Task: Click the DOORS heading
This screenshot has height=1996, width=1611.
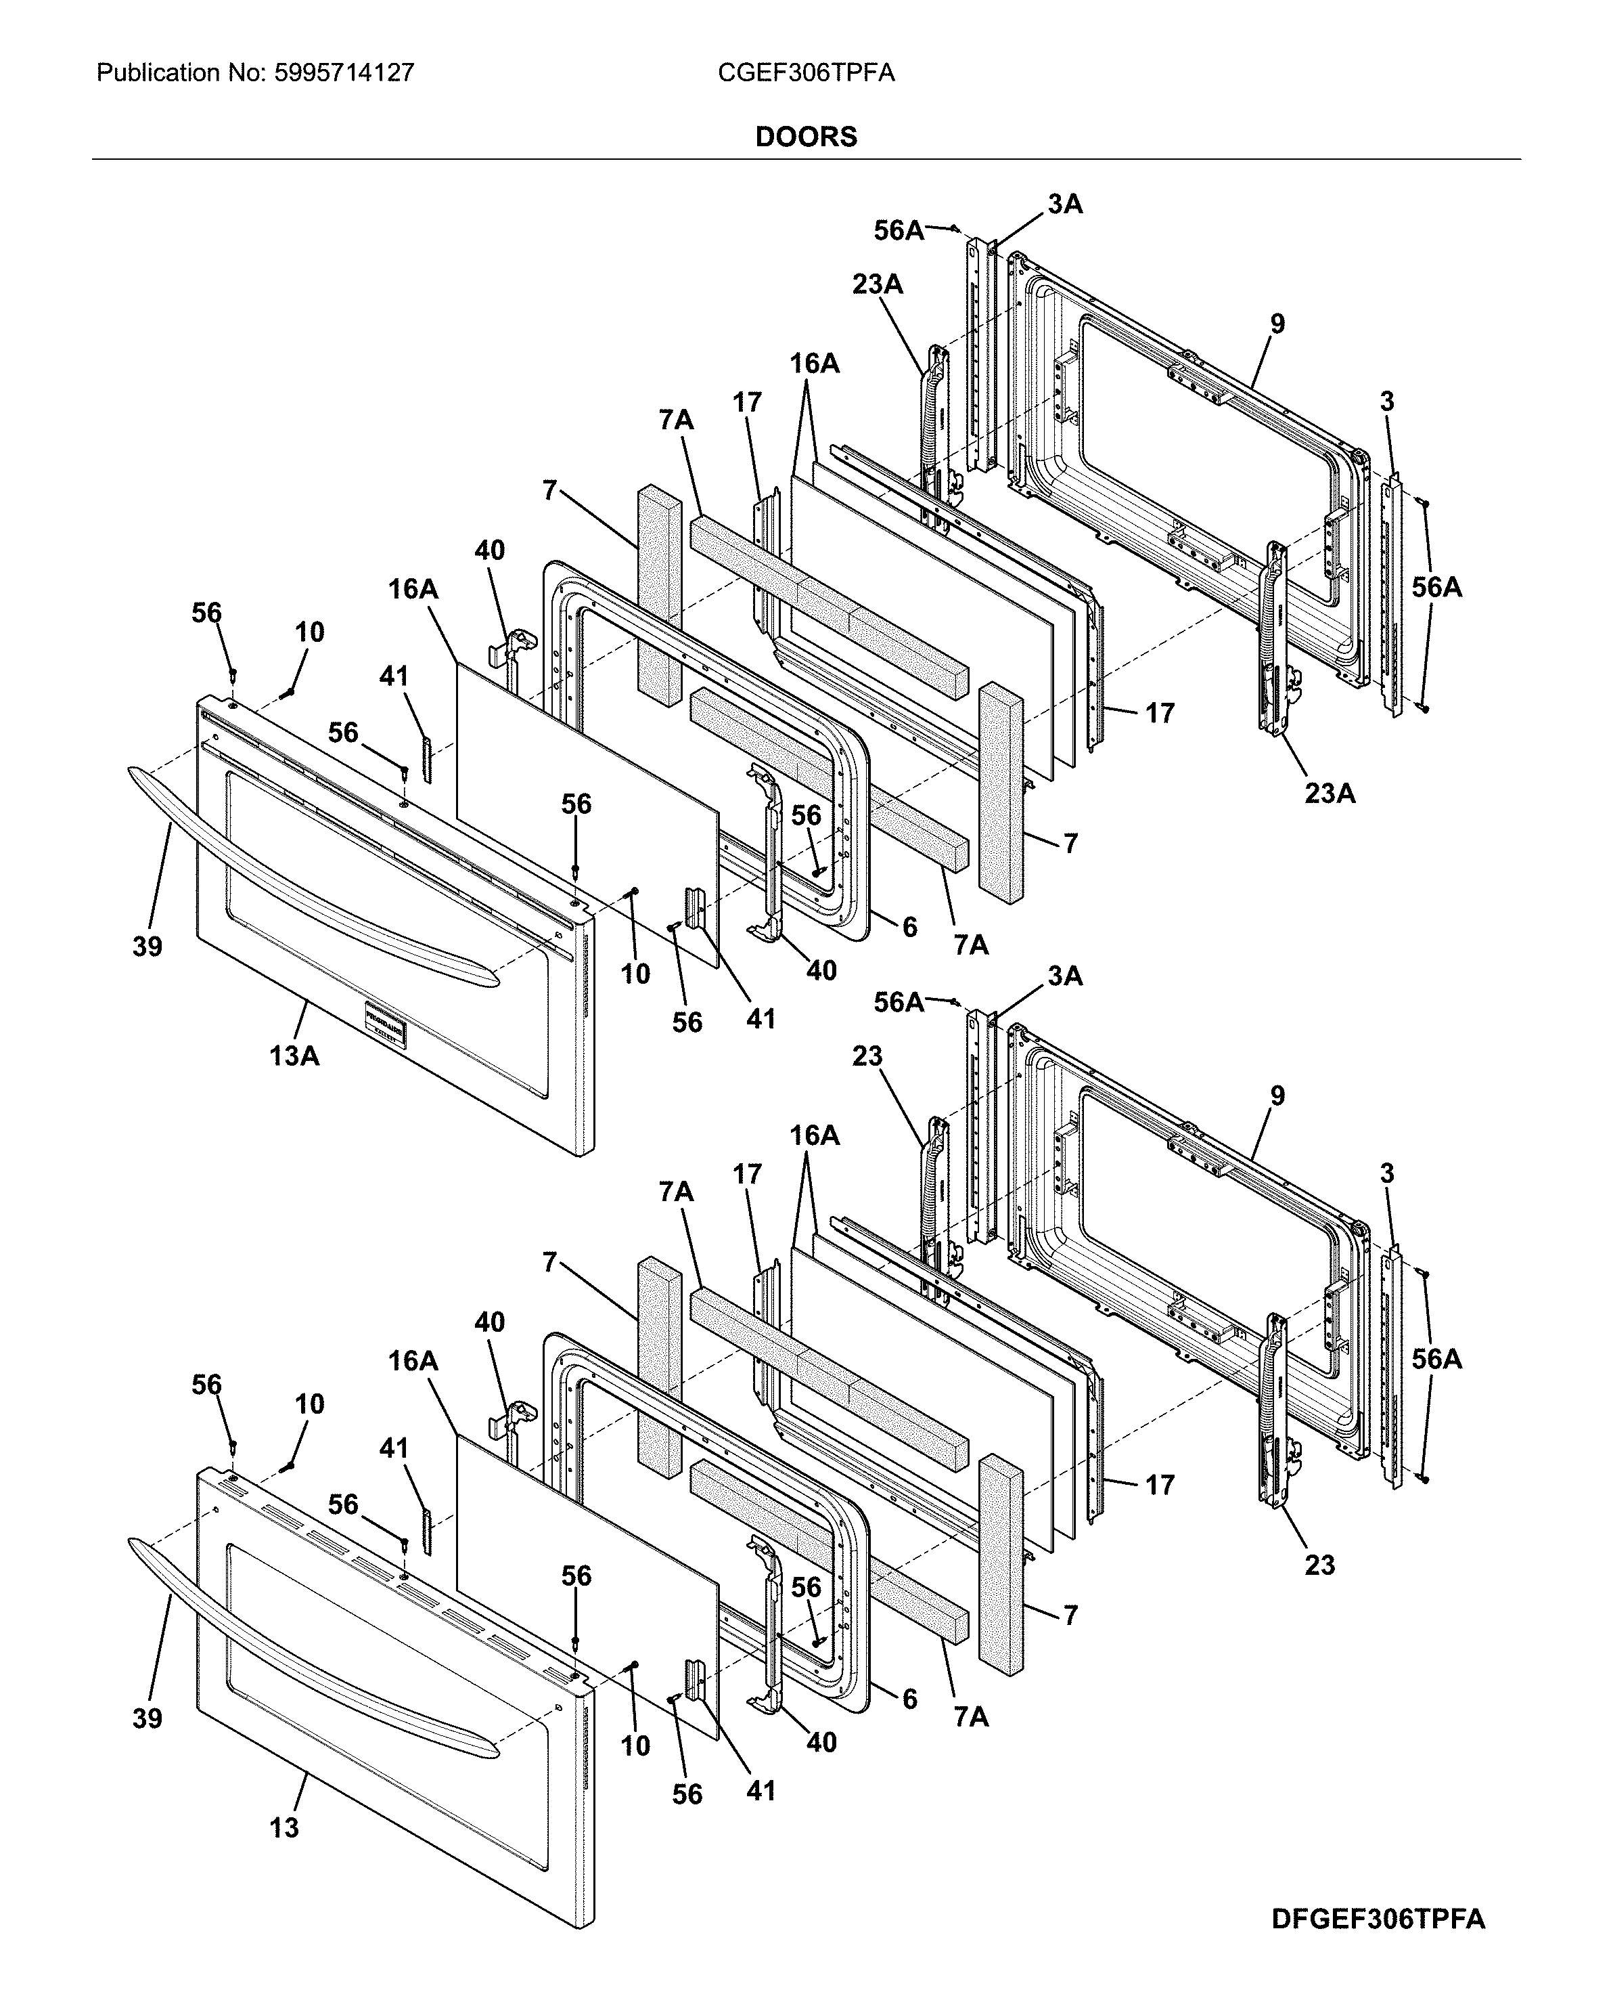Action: pos(805,137)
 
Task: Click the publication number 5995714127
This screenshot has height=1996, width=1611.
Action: pos(344,73)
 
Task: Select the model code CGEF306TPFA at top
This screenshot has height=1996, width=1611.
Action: pos(805,73)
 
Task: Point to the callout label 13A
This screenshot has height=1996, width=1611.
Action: pos(294,1056)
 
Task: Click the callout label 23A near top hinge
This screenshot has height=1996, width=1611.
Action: pos(877,284)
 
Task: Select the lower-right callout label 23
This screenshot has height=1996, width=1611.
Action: pos(1319,1565)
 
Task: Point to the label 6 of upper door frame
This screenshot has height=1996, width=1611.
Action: pos(909,926)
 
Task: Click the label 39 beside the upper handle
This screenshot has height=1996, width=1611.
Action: pos(148,947)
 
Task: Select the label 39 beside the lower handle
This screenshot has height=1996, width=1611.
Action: pos(148,1718)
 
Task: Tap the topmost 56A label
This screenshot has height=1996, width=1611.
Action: pos(899,230)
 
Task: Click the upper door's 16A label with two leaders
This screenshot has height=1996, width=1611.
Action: pos(814,364)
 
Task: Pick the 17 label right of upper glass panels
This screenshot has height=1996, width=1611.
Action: pos(1159,713)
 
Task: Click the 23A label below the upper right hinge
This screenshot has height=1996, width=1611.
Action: pos(1329,793)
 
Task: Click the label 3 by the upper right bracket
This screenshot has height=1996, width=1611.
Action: pos(1386,402)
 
